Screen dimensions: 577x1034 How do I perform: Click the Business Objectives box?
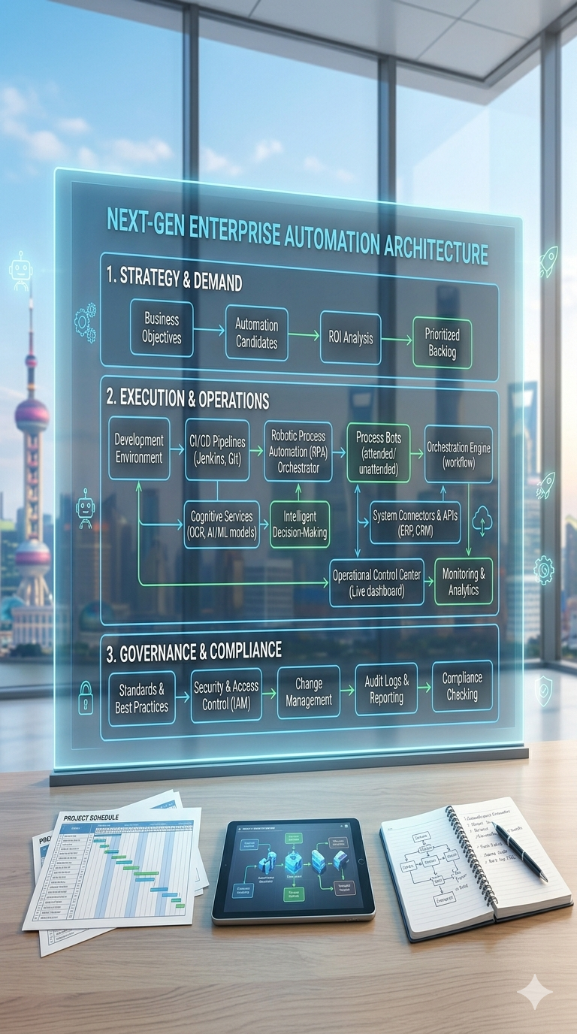[x=162, y=329]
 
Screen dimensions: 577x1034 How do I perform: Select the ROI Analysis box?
[x=349, y=338]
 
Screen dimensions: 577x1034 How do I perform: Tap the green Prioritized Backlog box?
[x=443, y=343]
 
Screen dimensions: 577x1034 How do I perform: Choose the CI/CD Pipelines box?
[x=217, y=449]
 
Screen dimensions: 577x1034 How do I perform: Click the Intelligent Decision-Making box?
[x=300, y=524]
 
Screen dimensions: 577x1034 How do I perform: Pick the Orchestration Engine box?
[x=458, y=453]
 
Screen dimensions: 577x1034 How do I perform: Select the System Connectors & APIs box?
[x=415, y=522]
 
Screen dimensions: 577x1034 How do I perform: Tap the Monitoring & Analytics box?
[x=464, y=581]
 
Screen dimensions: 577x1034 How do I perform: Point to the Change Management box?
[x=309, y=692]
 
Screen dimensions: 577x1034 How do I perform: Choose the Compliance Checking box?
[x=462, y=686]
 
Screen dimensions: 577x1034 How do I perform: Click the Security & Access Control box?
[x=226, y=696]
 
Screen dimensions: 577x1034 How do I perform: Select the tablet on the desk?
[x=293, y=869]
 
